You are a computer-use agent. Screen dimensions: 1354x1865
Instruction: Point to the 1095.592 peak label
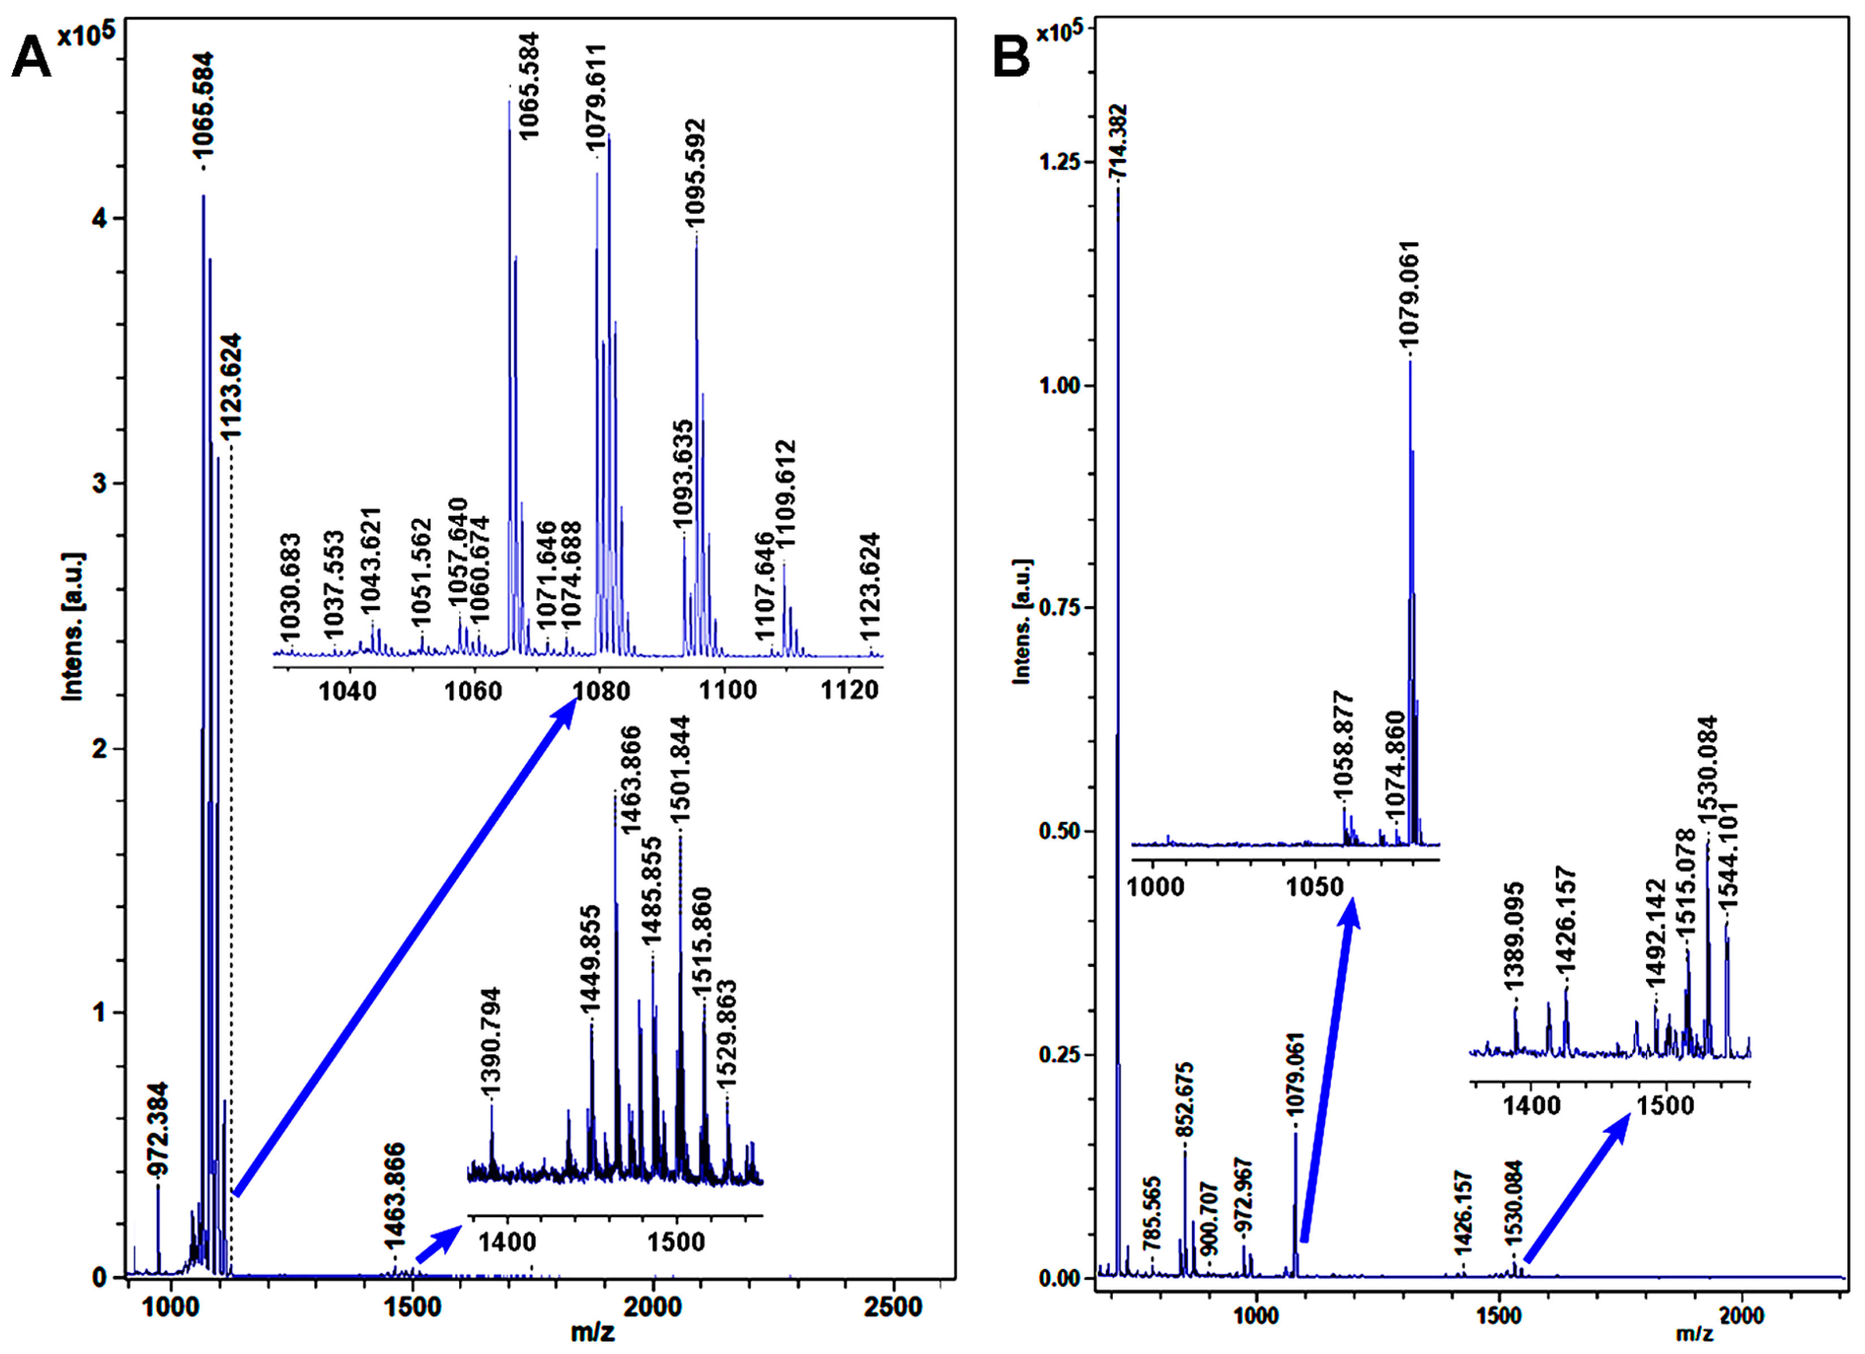pos(696,173)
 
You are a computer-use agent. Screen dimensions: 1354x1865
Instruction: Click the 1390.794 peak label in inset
pos(491,1042)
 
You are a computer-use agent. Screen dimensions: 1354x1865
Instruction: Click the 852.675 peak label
pos(1185,1100)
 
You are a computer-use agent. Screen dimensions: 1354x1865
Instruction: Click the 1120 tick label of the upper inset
pos(850,690)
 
